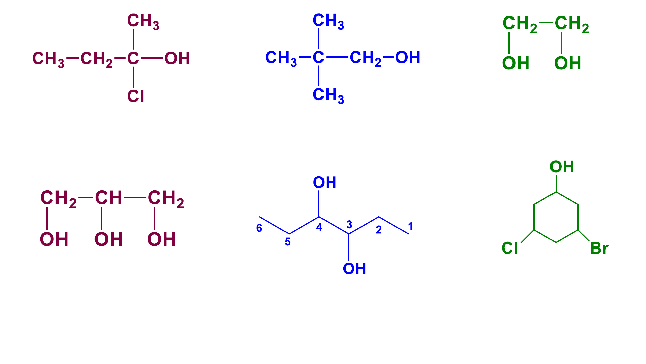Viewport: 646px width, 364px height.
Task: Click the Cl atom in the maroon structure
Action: coord(136,96)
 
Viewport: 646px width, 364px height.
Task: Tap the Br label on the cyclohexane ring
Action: coord(599,249)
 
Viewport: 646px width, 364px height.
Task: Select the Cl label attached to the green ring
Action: coord(510,249)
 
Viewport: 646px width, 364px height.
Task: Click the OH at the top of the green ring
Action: coord(562,167)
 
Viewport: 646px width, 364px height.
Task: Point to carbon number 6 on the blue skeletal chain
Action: coord(259,228)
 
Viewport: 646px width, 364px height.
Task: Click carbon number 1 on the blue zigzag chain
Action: coord(410,226)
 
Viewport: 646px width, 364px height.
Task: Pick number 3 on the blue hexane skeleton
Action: coord(349,224)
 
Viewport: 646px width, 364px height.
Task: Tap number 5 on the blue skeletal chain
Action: coord(288,242)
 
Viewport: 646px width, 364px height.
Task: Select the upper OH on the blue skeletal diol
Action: coord(325,183)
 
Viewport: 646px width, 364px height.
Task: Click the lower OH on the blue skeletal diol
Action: coord(354,269)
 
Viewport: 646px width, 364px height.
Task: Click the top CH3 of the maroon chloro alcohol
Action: coord(143,21)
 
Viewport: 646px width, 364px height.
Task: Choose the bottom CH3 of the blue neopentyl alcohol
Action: coord(328,95)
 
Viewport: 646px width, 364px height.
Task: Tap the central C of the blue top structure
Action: coord(318,58)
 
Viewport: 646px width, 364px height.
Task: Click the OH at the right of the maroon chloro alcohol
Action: coord(177,59)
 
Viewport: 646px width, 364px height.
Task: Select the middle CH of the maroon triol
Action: coord(108,198)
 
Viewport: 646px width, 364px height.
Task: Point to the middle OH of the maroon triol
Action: coord(108,239)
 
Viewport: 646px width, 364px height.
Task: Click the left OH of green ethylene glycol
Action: coord(516,63)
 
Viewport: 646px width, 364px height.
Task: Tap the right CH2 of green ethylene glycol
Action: coord(572,24)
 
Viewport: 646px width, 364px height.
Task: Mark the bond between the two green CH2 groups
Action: coord(546,23)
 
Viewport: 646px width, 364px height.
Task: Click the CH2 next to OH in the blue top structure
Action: coord(365,58)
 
